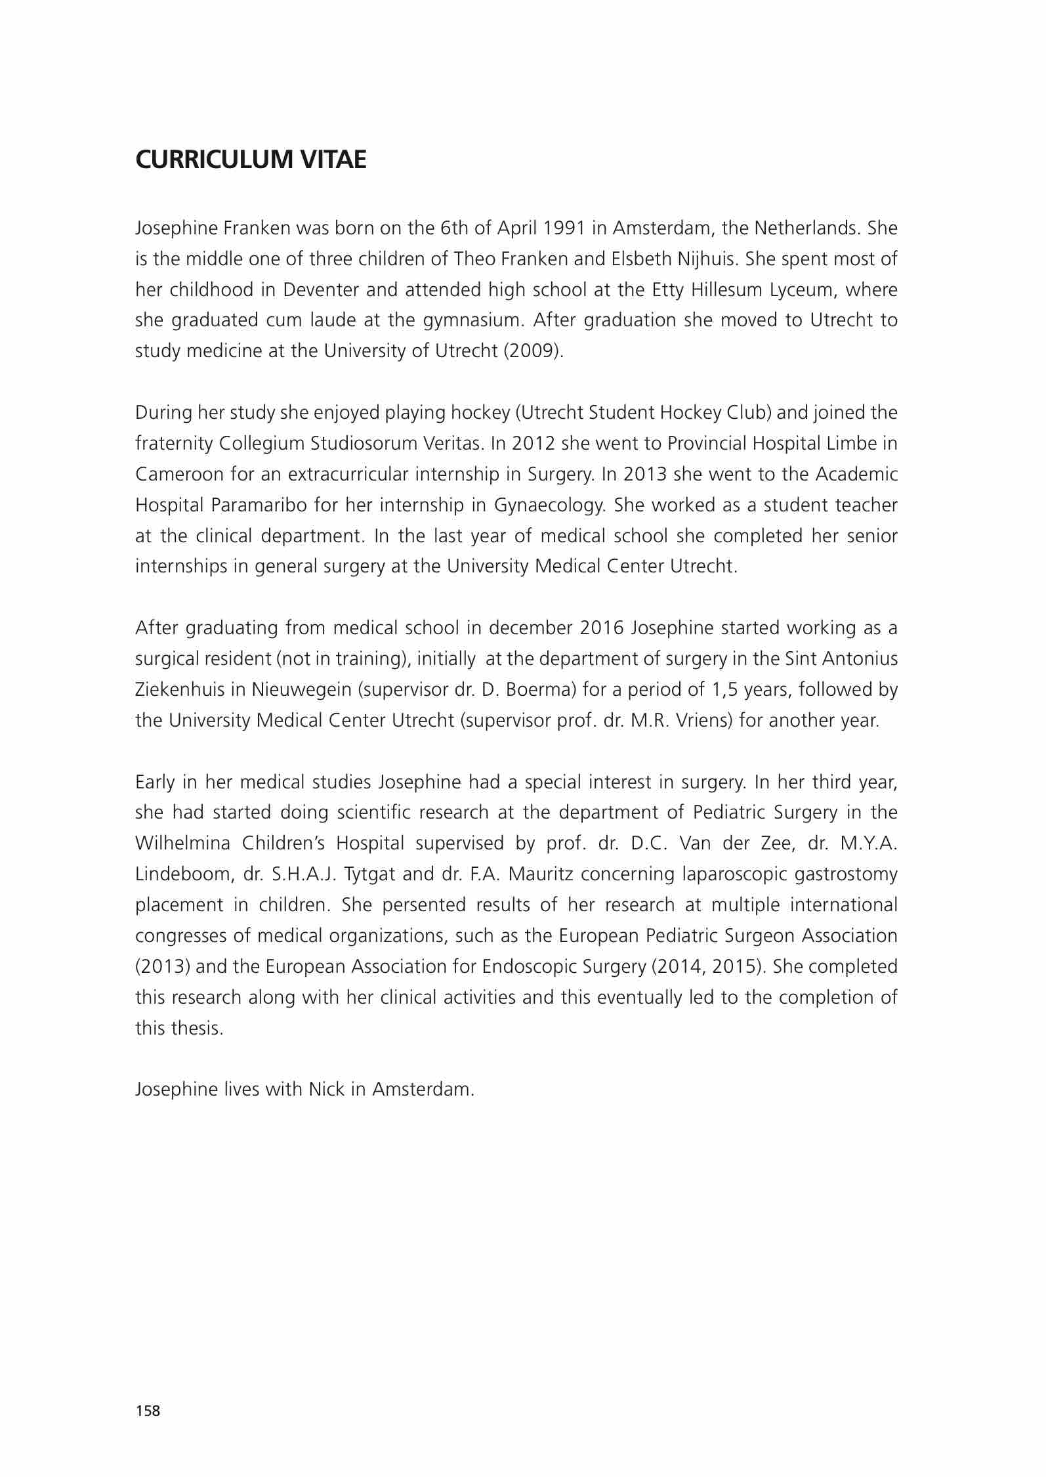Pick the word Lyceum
click(x=802, y=289)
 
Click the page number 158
click(x=148, y=1411)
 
